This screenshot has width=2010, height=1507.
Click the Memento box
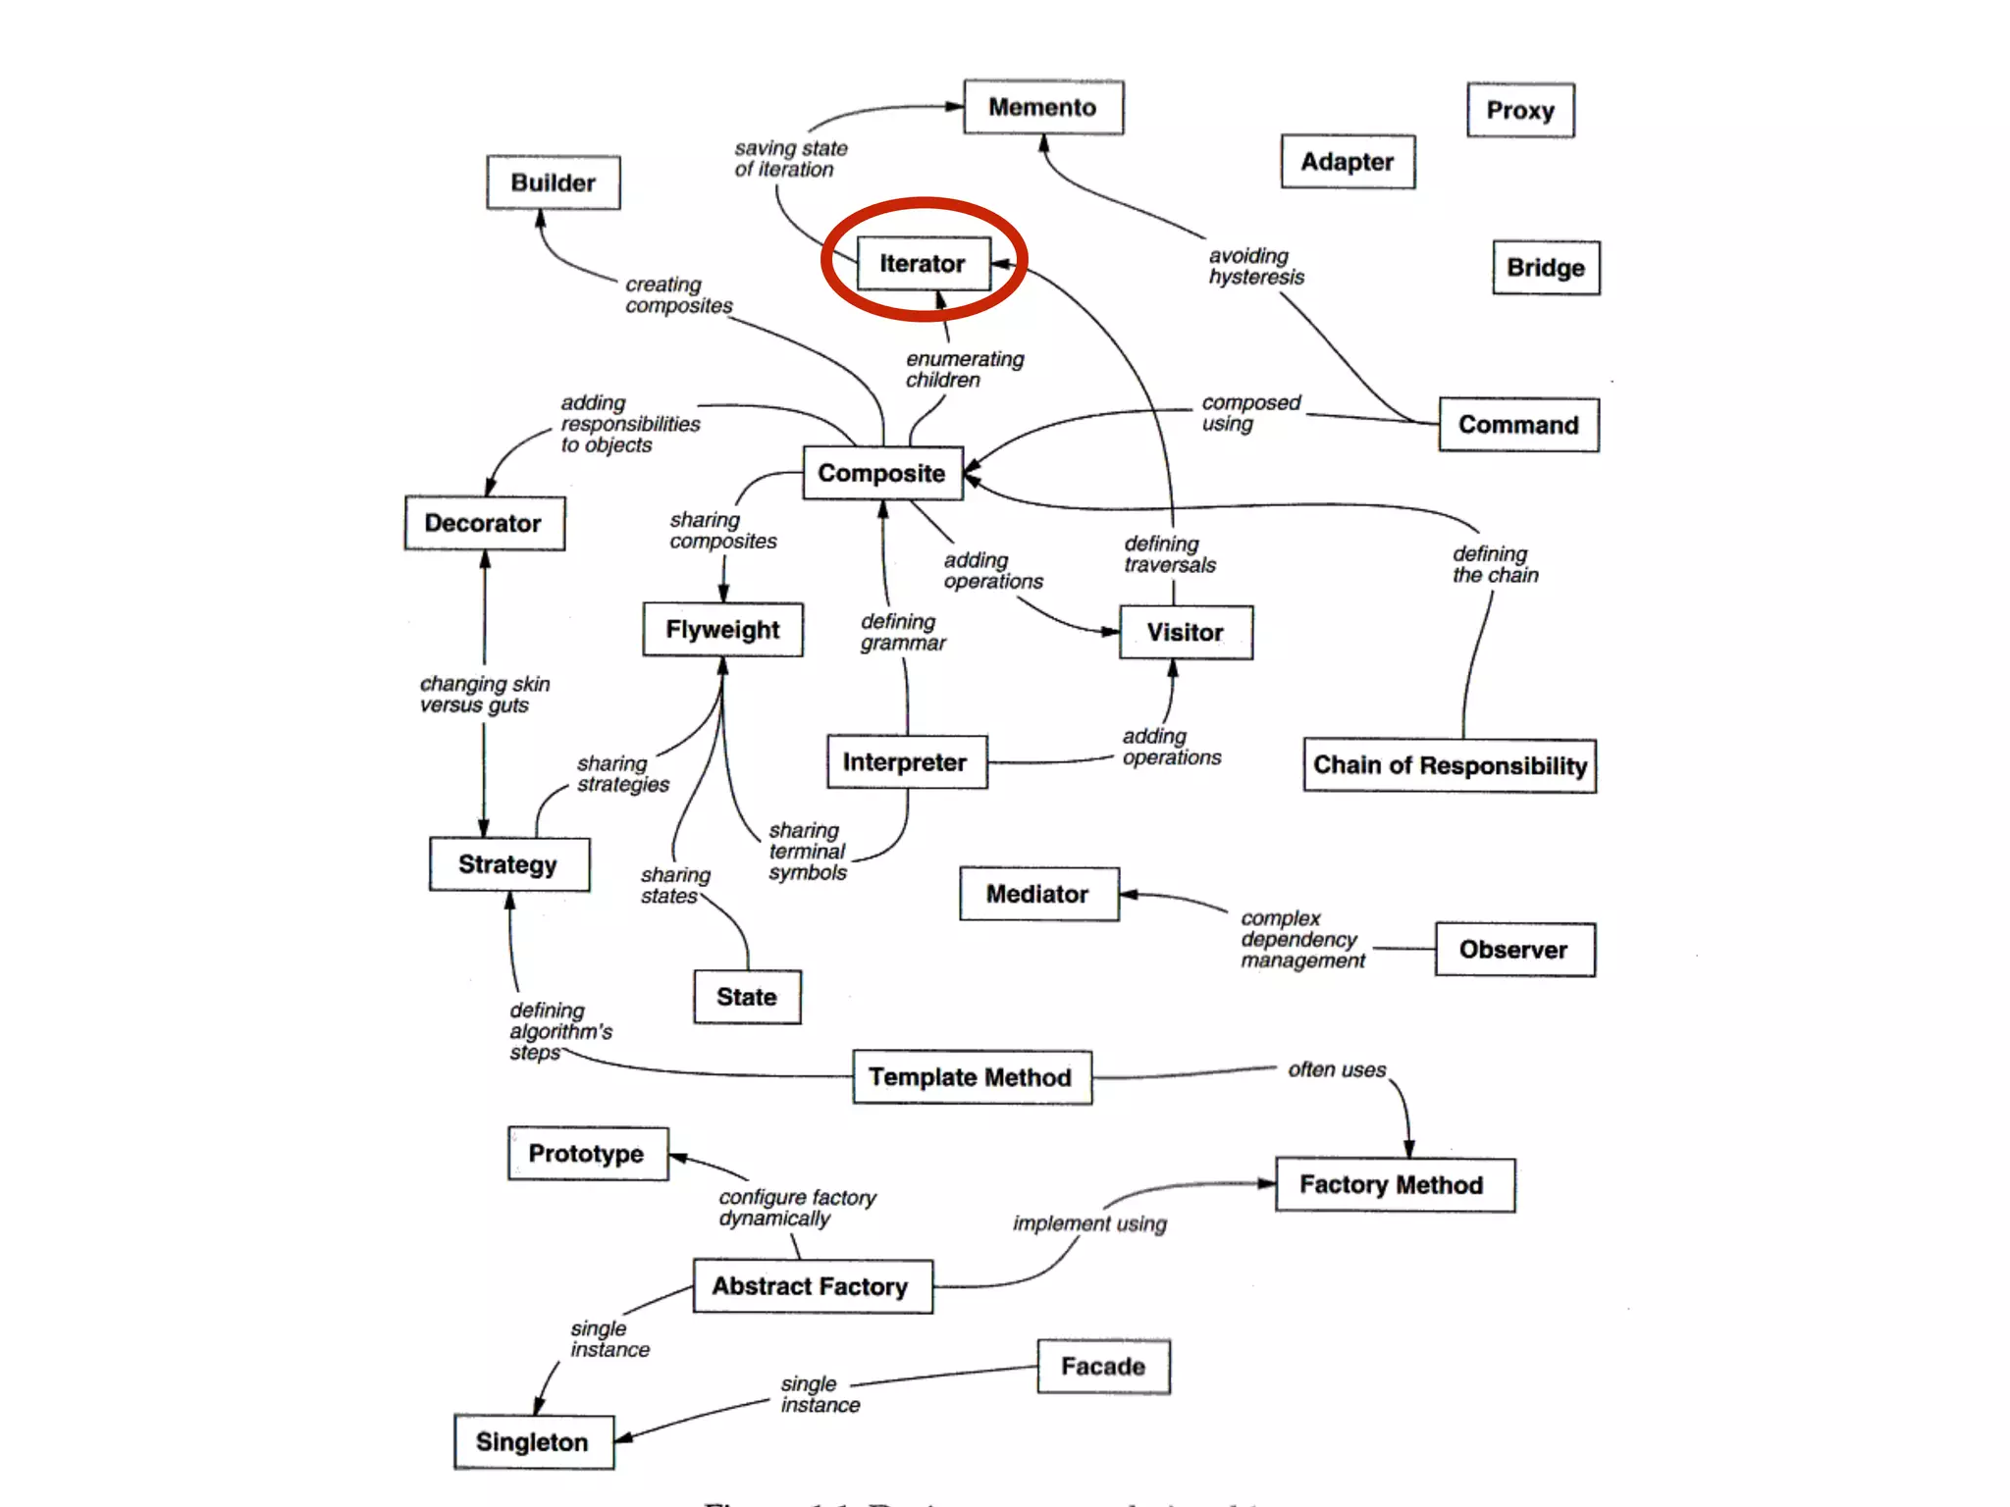coord(1043,107)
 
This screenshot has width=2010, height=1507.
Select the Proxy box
coord(1520,110)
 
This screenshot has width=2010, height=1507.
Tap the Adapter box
coord(1348,162)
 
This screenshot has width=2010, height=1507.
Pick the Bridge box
coord(1546,268)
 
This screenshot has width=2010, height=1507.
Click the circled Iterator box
coord(924,263)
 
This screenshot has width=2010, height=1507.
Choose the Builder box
coord(554,182)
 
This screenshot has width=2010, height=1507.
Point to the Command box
coord(1518,425)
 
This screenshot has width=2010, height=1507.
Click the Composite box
coord(882,473)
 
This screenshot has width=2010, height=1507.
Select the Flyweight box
coord(722,630)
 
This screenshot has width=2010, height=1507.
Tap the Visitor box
coord(1186,633)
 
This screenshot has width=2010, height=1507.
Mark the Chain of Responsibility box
coord(1450,765)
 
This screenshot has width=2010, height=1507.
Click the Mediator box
coord(1038,894)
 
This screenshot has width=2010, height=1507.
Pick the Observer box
coord(1514,950)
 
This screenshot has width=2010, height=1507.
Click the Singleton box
coord(533,1441)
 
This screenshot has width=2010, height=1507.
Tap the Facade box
coord(1103,1367)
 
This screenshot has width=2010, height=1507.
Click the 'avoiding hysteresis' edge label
coord(1256,267)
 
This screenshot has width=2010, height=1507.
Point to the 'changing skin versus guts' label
coord(484,695)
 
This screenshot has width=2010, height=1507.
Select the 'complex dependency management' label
coord(1302,940)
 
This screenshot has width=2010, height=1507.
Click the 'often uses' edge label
coord(1337,1069)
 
